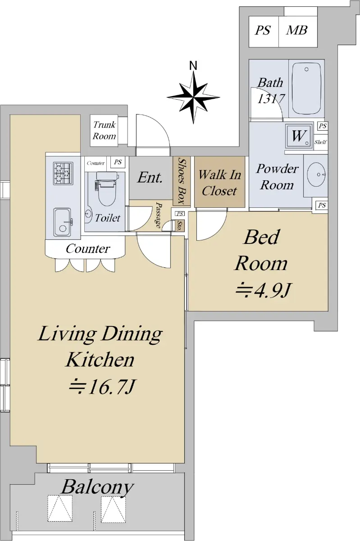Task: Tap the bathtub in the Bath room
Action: pos(306,89)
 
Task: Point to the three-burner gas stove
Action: pos(63,173)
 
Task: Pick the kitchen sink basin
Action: pos(63,222)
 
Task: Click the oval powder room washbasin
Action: pos(317,174)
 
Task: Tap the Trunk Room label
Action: pos(105,131)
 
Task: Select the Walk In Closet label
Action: pos(219,183)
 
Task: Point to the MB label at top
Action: pos(297,31)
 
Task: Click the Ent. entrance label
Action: pos(150,178)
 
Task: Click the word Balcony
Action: pos(97,487)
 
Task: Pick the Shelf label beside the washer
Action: pos(320,142)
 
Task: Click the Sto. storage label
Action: pos(179,225)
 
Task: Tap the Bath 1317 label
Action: pos(271,91)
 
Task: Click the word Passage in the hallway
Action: pos(159,215)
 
